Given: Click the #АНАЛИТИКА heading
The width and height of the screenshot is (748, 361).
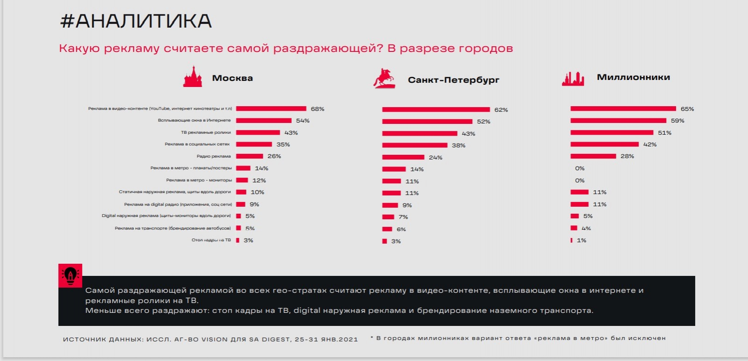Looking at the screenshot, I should [x=136, y=22].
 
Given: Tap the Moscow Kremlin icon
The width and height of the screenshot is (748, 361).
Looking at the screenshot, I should [x=192, y=77].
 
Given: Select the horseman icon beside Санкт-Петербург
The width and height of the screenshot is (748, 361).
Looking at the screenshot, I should [x=384, y=79].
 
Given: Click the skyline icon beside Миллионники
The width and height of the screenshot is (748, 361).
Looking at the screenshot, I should [x=573, y=79].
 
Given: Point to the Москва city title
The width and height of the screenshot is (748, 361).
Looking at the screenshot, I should [x=232, y=78].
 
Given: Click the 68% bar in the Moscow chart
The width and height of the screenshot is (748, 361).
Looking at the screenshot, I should [x=271, y=108].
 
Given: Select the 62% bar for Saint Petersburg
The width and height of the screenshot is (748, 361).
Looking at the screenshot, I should [x=436, y=109].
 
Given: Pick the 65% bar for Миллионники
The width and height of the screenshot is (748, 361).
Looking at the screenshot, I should [x=623, y=108].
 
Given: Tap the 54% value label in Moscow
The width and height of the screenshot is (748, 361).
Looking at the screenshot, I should [x=302, y=121].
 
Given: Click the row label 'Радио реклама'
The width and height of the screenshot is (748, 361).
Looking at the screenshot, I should [x=214, y=156].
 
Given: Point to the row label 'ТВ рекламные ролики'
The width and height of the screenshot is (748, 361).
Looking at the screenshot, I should [x=206, y=132].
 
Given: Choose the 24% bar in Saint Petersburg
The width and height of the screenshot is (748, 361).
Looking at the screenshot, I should [x=403, y=157].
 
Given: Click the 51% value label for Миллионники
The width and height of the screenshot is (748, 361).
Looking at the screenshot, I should [x=664, y=133].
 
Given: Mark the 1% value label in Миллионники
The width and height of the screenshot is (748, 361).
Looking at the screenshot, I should [x=581, y=240].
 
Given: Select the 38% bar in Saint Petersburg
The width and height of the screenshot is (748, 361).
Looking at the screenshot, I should [x=415, y=145].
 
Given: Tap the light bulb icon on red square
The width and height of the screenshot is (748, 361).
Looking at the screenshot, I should [x=70, y=275].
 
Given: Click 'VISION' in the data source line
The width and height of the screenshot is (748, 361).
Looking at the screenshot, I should [x=214, y=339].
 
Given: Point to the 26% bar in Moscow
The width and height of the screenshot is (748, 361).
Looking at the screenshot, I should [x=250, y=156].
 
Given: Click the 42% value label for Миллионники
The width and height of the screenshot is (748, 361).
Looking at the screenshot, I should [x=650, y=144].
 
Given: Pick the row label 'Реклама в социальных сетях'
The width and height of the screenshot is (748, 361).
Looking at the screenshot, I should [x=197, y=144].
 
